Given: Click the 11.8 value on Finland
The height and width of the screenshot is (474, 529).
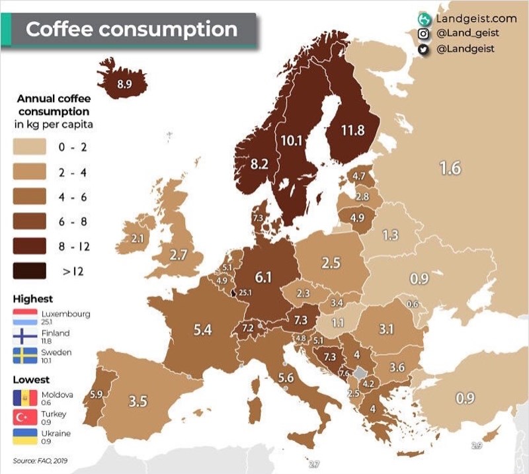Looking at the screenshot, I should [x=352, y=130].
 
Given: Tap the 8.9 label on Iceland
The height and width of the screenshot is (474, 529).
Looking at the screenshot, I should [x=124, y=84].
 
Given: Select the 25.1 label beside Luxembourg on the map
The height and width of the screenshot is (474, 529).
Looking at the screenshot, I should [x=246, y=292].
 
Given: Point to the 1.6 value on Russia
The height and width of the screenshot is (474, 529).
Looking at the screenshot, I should [x=450, y=169].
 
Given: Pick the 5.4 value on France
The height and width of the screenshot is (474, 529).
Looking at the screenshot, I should [x=202, y=329].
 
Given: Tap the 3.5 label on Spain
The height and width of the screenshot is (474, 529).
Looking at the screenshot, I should [x=138, y=401].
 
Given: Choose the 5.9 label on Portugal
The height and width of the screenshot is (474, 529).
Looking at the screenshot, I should [x=97, y=395].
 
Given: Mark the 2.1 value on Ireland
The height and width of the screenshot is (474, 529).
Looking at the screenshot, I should [x=138, y=238].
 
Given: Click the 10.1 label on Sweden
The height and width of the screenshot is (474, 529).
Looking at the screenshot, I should [x=291, y=140].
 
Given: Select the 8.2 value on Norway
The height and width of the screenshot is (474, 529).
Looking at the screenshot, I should [x=259, y=165].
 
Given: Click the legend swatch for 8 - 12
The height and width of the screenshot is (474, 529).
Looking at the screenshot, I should [x=29, y=246].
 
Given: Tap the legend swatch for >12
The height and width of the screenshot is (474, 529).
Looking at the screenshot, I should [x=29, y=270].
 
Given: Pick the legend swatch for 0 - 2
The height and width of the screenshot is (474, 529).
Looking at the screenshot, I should [x=29, y=147].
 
